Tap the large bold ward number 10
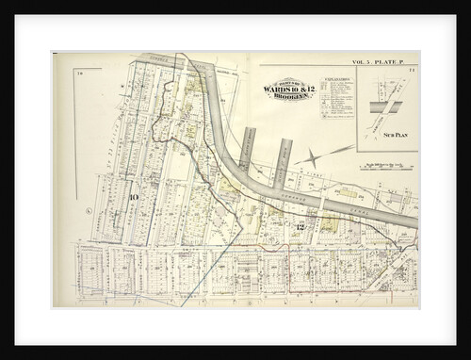point(134,196)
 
